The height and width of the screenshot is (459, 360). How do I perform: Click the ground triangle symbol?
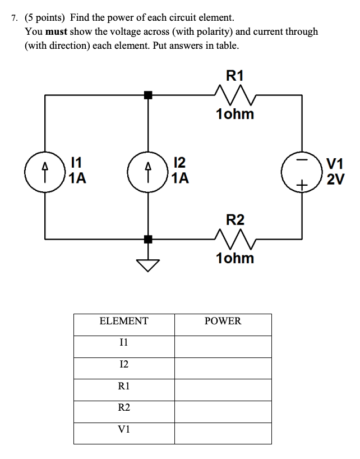click(148, 264)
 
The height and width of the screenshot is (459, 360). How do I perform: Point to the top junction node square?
click(148, 95)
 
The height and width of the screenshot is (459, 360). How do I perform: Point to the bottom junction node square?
click(148, 240)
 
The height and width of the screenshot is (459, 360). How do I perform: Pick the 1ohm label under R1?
click(234, 114)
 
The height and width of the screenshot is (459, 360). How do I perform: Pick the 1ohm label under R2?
click(234, 259)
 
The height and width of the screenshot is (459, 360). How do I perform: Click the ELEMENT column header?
click(124, 322)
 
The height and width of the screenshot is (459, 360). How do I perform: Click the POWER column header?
click(223, 322)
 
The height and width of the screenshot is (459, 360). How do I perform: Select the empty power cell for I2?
click(223, 365)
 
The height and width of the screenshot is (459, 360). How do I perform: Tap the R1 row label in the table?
click(124, 386)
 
